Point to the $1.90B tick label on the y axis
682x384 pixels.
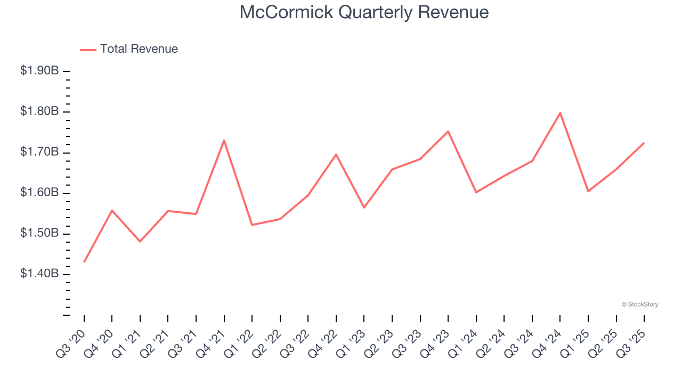pos(39,71)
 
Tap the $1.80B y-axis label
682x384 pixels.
pos(39,111)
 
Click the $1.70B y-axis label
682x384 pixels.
pos(39,153)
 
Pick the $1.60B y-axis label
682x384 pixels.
pos(39,193)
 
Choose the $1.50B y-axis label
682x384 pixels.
pos(39,234)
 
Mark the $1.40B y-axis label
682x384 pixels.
pos(39,274)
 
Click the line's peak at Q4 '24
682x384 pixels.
pos(560,113)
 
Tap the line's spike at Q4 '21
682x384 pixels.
pos(224,140)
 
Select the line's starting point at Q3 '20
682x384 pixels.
pos(84,262)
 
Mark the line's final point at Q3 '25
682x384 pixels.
pos(644,143)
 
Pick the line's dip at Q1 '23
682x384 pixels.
pos(364,207)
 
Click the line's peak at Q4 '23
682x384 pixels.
pos(448,131)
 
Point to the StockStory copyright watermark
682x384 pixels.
pos(639,305)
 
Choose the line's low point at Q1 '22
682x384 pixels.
pos(252,225)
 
